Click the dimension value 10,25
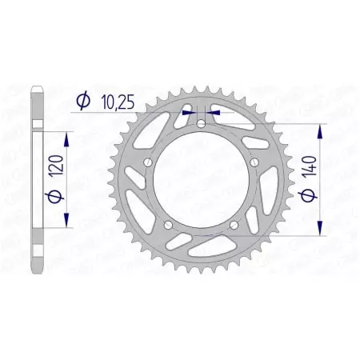(x=118, y=102)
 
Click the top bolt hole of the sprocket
(x=199, y=125)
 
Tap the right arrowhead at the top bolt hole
(x=211, y=114)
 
